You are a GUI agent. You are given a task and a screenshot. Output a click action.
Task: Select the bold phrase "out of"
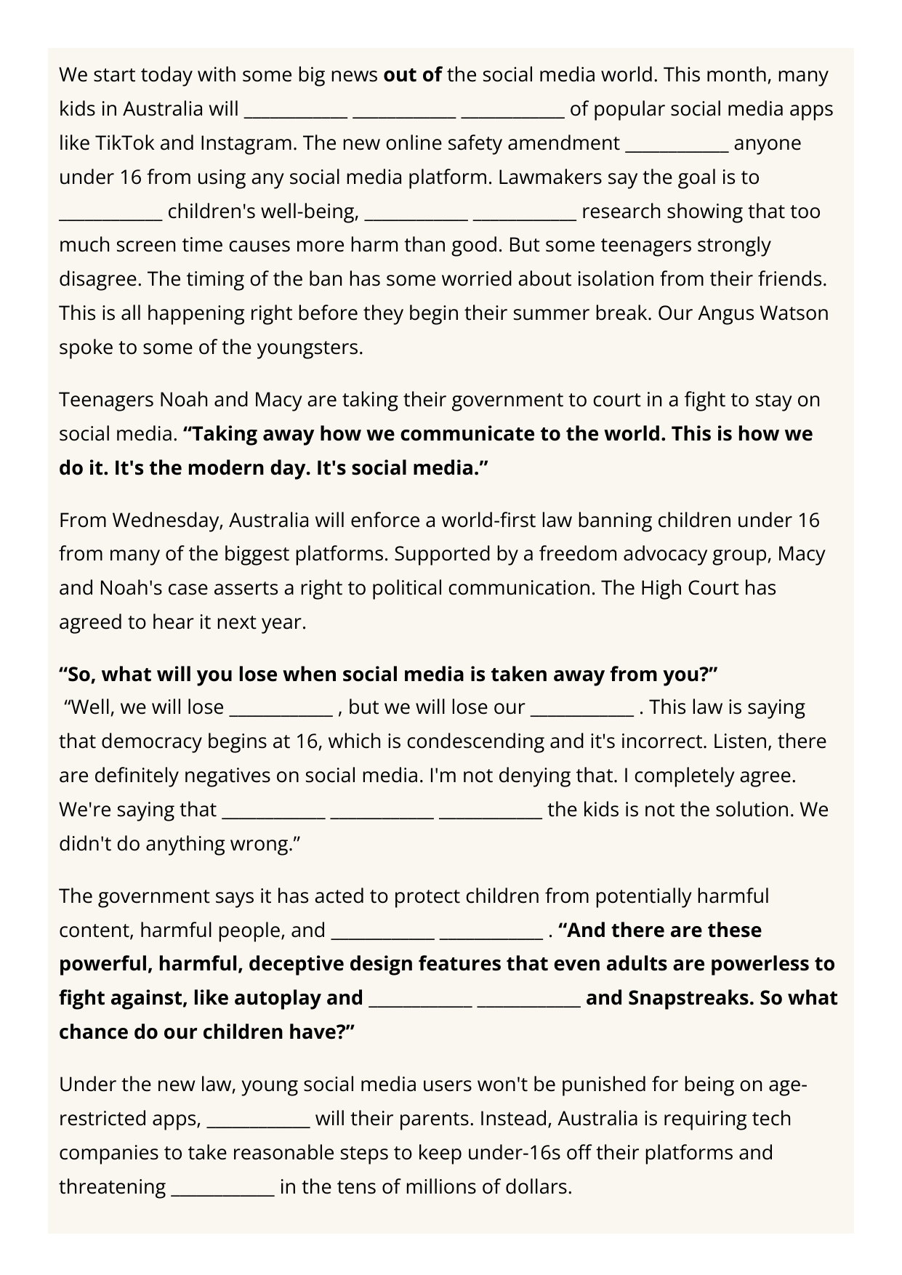412,75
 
